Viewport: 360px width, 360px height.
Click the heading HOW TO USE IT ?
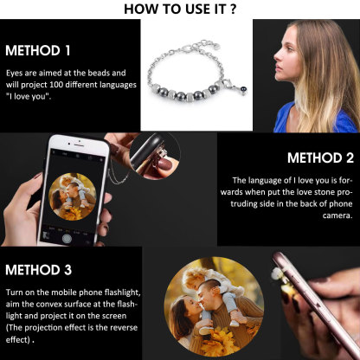[x=180, y=9]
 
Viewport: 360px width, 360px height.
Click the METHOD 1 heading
[x=38, y=50]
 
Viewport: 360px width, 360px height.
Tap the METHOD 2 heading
[x=320, y=157]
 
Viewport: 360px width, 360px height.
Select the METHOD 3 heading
[x=38, y=270]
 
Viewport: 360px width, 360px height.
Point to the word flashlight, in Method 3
[x=122, y=292]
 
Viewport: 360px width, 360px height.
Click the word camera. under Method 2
[x=337, y=215]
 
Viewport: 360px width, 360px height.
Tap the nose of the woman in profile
[x=277, y=56]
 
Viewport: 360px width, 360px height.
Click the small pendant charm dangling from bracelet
[x=244, y=91]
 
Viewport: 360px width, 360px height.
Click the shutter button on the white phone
[x=67, y=238]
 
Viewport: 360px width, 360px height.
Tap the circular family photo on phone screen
[x=73, y=196]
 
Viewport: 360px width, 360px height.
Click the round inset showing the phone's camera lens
[x=155, y=156]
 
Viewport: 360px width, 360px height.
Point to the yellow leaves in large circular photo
[x=219, y=342]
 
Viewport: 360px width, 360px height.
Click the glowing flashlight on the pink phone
[x=278, y=273]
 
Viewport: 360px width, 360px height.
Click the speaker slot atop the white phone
[x=79, y=141]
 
